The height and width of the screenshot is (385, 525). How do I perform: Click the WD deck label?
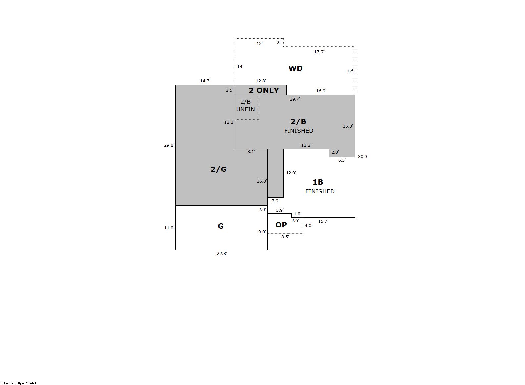click(295, 68)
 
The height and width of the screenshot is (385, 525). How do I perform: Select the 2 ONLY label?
click(264, 90)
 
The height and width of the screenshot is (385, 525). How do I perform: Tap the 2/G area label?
click(218, 169)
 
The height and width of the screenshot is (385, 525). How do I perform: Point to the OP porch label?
click(281, 225)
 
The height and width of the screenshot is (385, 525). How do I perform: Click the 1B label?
click(318, 182)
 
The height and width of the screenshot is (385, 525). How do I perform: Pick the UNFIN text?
click(246, 109)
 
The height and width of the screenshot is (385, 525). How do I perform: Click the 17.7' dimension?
click(319, 52)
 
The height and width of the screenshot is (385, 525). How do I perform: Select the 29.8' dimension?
click(169, 145)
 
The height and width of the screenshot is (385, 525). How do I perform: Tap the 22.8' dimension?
click(222, 253)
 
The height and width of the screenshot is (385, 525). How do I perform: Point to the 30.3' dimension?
click(363, 157)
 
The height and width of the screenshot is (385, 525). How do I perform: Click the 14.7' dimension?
click(205, 81)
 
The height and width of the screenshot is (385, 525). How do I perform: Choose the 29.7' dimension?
click(295, 99)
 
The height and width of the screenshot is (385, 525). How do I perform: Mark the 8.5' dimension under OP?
click(285, 237)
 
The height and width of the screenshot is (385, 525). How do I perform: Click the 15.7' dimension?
click(323, 221)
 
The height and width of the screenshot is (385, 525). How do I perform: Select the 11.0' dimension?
click(169, 228)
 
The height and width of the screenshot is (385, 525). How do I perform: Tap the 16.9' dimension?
click(321, 91)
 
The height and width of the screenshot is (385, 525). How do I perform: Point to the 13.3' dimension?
click(229, 122)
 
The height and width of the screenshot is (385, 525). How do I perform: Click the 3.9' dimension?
click(275, 201)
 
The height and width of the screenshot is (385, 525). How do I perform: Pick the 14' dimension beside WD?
click(240, 67)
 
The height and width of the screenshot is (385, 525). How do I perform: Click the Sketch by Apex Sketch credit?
click(20, 383)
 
